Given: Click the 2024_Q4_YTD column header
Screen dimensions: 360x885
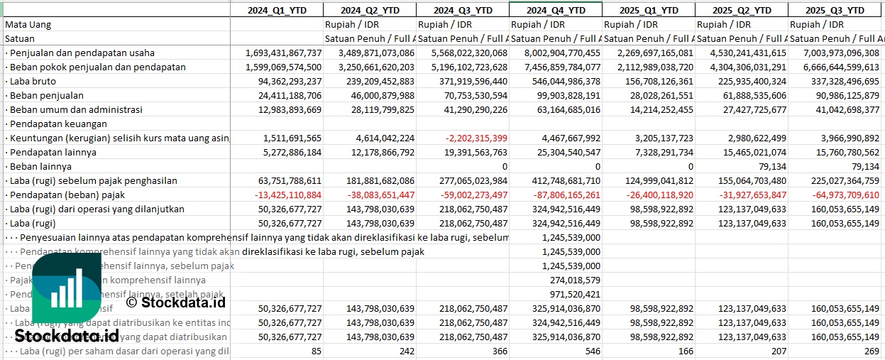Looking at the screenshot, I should coord(555,10).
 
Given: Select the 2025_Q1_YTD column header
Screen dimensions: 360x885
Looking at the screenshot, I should coord(648,10).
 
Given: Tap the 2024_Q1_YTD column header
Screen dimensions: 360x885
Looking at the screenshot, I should coord(276,10).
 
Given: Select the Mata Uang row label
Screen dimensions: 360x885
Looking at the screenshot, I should coord(28,24).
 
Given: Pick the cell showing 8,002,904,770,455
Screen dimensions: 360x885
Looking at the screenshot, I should coord(554,53).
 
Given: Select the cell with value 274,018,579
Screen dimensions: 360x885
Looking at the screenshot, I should coord(576,280).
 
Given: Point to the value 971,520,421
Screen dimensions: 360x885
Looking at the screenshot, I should coord(576,294).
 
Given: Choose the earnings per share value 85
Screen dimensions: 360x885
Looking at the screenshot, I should coord(316,351).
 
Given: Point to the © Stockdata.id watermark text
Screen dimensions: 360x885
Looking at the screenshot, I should coord(176,302).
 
